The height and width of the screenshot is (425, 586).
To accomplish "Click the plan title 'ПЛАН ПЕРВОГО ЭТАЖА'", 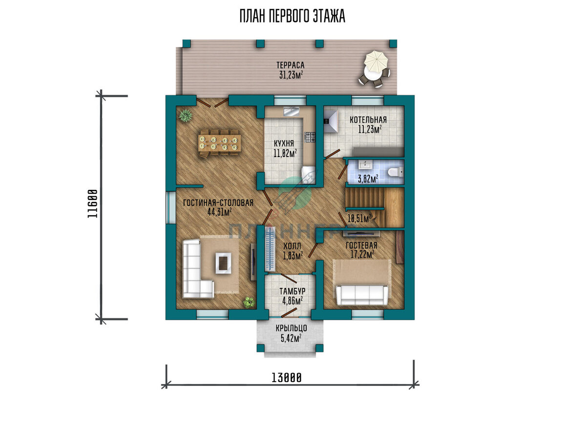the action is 292,16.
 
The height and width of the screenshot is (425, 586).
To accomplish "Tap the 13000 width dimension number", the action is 287,378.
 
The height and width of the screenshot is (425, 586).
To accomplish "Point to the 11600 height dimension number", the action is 92,203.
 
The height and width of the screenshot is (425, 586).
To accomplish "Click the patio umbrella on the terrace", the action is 376,62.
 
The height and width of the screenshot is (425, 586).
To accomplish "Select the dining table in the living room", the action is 219,143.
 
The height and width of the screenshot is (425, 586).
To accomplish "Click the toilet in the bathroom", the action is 396,172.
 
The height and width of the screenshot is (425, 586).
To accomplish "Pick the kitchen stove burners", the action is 310,137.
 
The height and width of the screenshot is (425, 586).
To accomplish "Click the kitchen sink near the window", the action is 291,111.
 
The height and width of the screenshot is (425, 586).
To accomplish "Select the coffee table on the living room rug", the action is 223,263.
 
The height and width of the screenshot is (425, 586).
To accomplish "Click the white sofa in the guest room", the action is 362,295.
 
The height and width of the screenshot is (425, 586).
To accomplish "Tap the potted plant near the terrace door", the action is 186,115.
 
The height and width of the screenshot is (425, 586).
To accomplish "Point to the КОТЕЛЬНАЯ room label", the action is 368,120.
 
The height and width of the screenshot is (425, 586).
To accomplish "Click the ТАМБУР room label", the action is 292,291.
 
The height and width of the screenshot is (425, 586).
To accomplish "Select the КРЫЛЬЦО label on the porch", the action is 291,328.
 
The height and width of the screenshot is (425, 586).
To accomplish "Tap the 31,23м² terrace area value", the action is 291,75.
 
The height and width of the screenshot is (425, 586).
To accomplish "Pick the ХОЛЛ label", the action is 292,246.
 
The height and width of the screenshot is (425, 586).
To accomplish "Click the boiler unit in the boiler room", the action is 331,121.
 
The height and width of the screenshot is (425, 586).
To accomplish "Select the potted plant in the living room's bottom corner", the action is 249,303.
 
